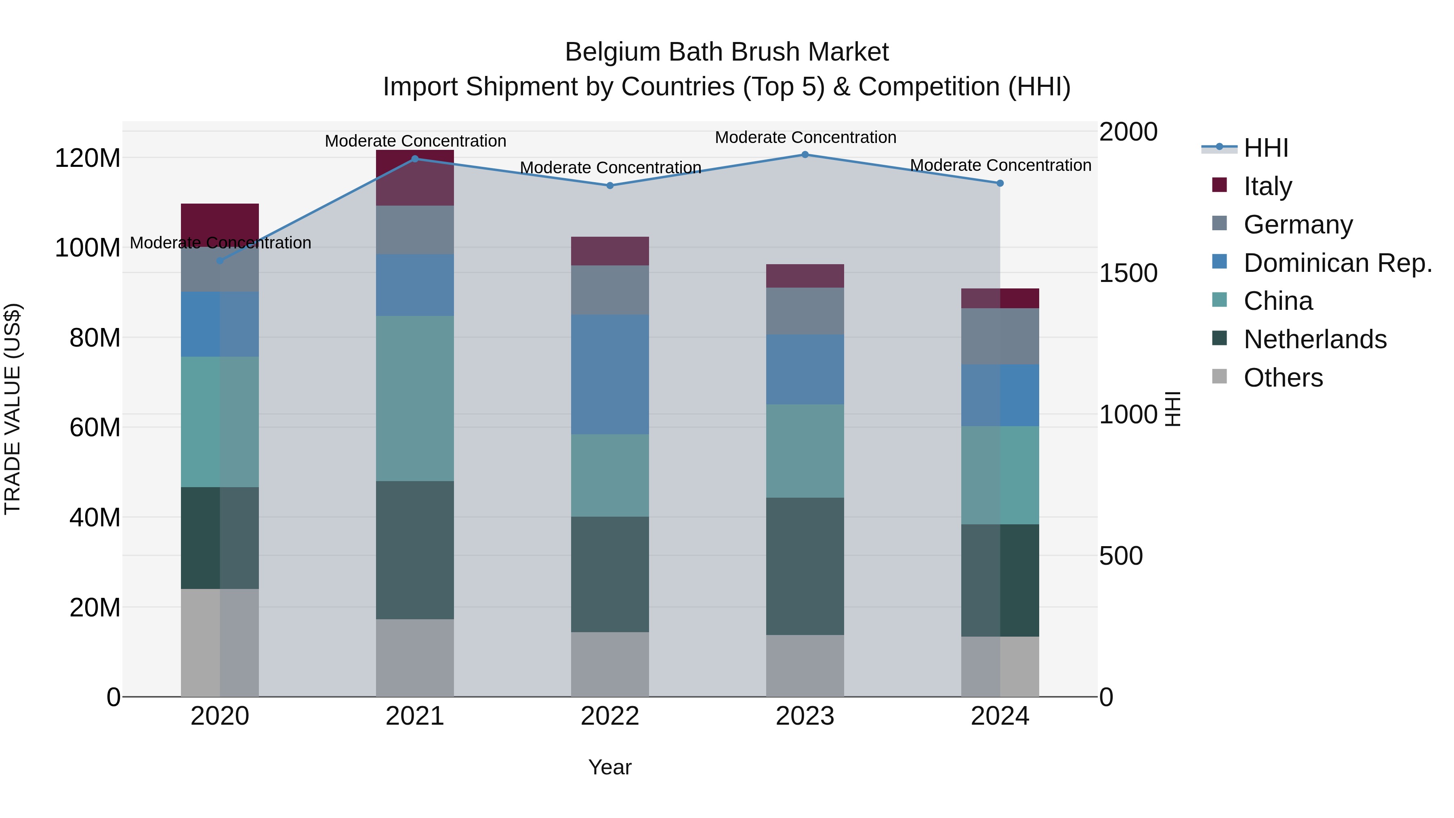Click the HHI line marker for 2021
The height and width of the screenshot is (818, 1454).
[x=415, y=159]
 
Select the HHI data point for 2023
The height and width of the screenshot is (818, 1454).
[x=805, y=155]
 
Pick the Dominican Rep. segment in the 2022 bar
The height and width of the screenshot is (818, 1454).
[x=609, y=374]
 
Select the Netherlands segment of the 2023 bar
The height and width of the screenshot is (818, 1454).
[x=805, y=566]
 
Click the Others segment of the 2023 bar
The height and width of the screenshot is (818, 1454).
[x=805, y=666]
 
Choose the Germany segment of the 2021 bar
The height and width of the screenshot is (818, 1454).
[x=415, y=230]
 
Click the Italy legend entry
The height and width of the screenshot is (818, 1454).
[x=1267, y=186]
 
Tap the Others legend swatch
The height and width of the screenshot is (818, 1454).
[x=1220, y=376]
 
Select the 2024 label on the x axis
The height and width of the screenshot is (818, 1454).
[x=1000, y=716]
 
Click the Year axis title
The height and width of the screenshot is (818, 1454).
[x=609, y=767]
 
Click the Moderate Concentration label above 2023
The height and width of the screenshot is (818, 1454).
[x=805, y=137]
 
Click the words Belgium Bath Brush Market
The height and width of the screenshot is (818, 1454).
[x=727, y=52]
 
